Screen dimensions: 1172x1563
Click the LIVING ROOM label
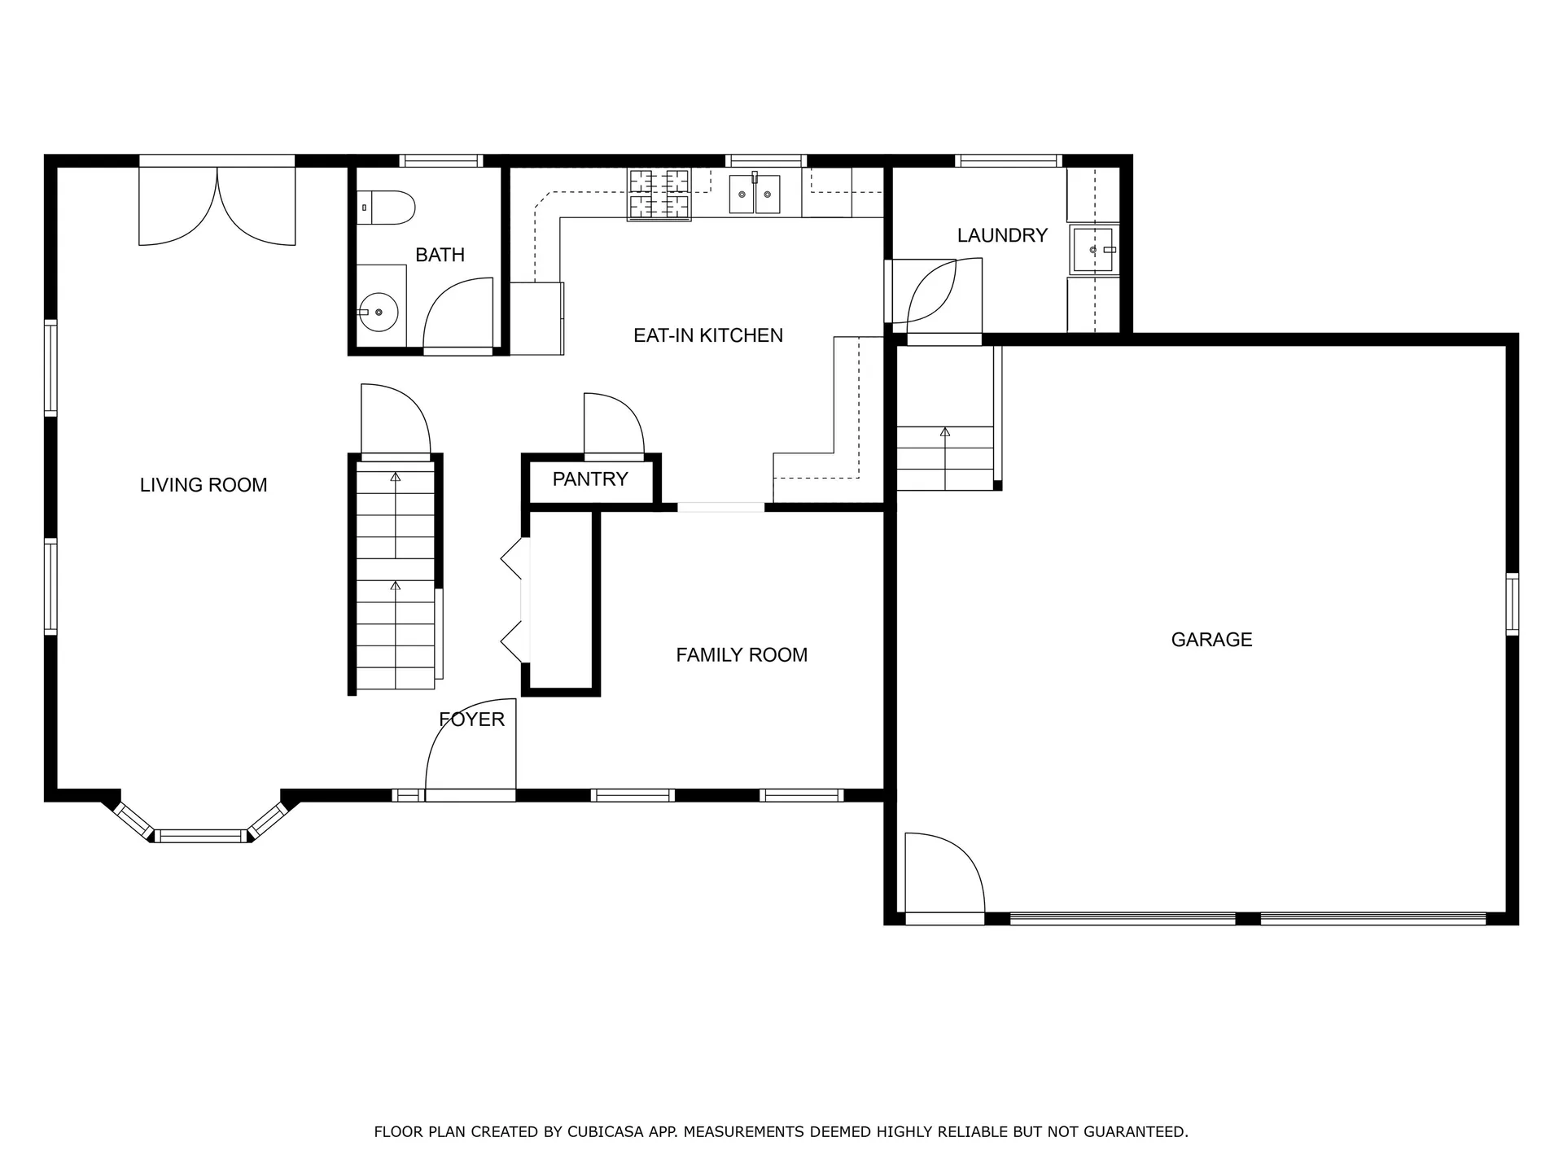click(x=204, y=485)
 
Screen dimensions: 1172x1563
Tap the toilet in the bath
click(x=388, y=208)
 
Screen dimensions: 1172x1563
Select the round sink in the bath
click(x=379, y=312)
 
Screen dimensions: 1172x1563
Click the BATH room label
click(x=440, y=255)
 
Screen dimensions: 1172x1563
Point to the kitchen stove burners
click(x=659, y=195)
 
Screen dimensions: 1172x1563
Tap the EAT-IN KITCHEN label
click(x=708, y=335)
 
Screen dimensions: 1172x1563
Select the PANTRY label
click(x=590, y=479)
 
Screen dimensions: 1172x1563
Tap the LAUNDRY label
click(x=1002, y=236)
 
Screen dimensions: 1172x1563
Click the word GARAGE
click(x=1211, y=640)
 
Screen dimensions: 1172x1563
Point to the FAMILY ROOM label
click(x=742, y=655)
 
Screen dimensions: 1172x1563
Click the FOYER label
click(x=472, y=719)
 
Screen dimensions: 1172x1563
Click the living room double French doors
click(x=217, y=208)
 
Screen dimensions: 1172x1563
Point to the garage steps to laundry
click(x=945, y=457)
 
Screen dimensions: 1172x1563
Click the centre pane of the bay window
click(x=200, y=836)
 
